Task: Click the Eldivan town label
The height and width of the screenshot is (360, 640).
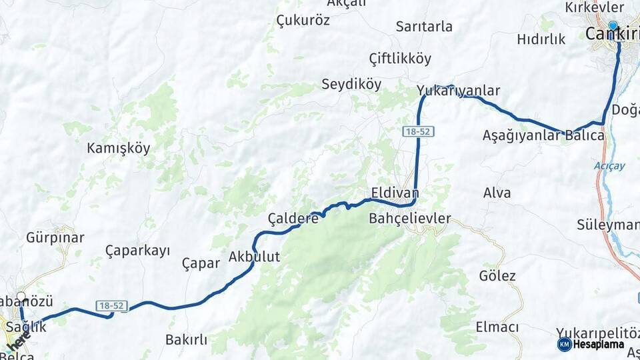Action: pos(395,192)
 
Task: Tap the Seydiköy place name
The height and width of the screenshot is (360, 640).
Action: pos(351,85)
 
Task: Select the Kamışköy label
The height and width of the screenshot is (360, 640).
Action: pos(119,149)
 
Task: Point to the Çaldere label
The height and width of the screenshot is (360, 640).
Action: pos(293,218)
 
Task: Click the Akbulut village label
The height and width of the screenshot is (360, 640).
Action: pos(254,256)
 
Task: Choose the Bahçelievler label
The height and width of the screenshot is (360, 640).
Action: pos(410,218)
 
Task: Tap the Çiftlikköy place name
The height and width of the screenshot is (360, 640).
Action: pos(400,59)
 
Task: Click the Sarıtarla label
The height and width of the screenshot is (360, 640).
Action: pos(424,27)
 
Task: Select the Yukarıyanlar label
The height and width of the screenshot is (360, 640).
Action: pos(458,91)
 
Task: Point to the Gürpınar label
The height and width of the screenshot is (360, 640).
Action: pos(55,238)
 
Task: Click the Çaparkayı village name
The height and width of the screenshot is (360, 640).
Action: pos(137,251)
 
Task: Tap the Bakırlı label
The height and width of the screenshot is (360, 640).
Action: pos(186,340)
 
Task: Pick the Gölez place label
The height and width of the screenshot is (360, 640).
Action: pos(497,276)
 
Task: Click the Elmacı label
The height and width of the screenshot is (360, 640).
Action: pos(497,327)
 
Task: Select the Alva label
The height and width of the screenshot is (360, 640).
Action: pos(497,193)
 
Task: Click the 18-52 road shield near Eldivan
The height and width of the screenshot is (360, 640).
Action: pos(418,132)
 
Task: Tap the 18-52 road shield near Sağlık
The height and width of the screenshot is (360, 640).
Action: pos(111,305)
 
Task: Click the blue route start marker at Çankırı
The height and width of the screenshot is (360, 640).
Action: pos(613,25)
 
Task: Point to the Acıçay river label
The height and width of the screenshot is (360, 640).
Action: pos(609,166)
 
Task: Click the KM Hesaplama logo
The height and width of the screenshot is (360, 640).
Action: pos(591,344)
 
